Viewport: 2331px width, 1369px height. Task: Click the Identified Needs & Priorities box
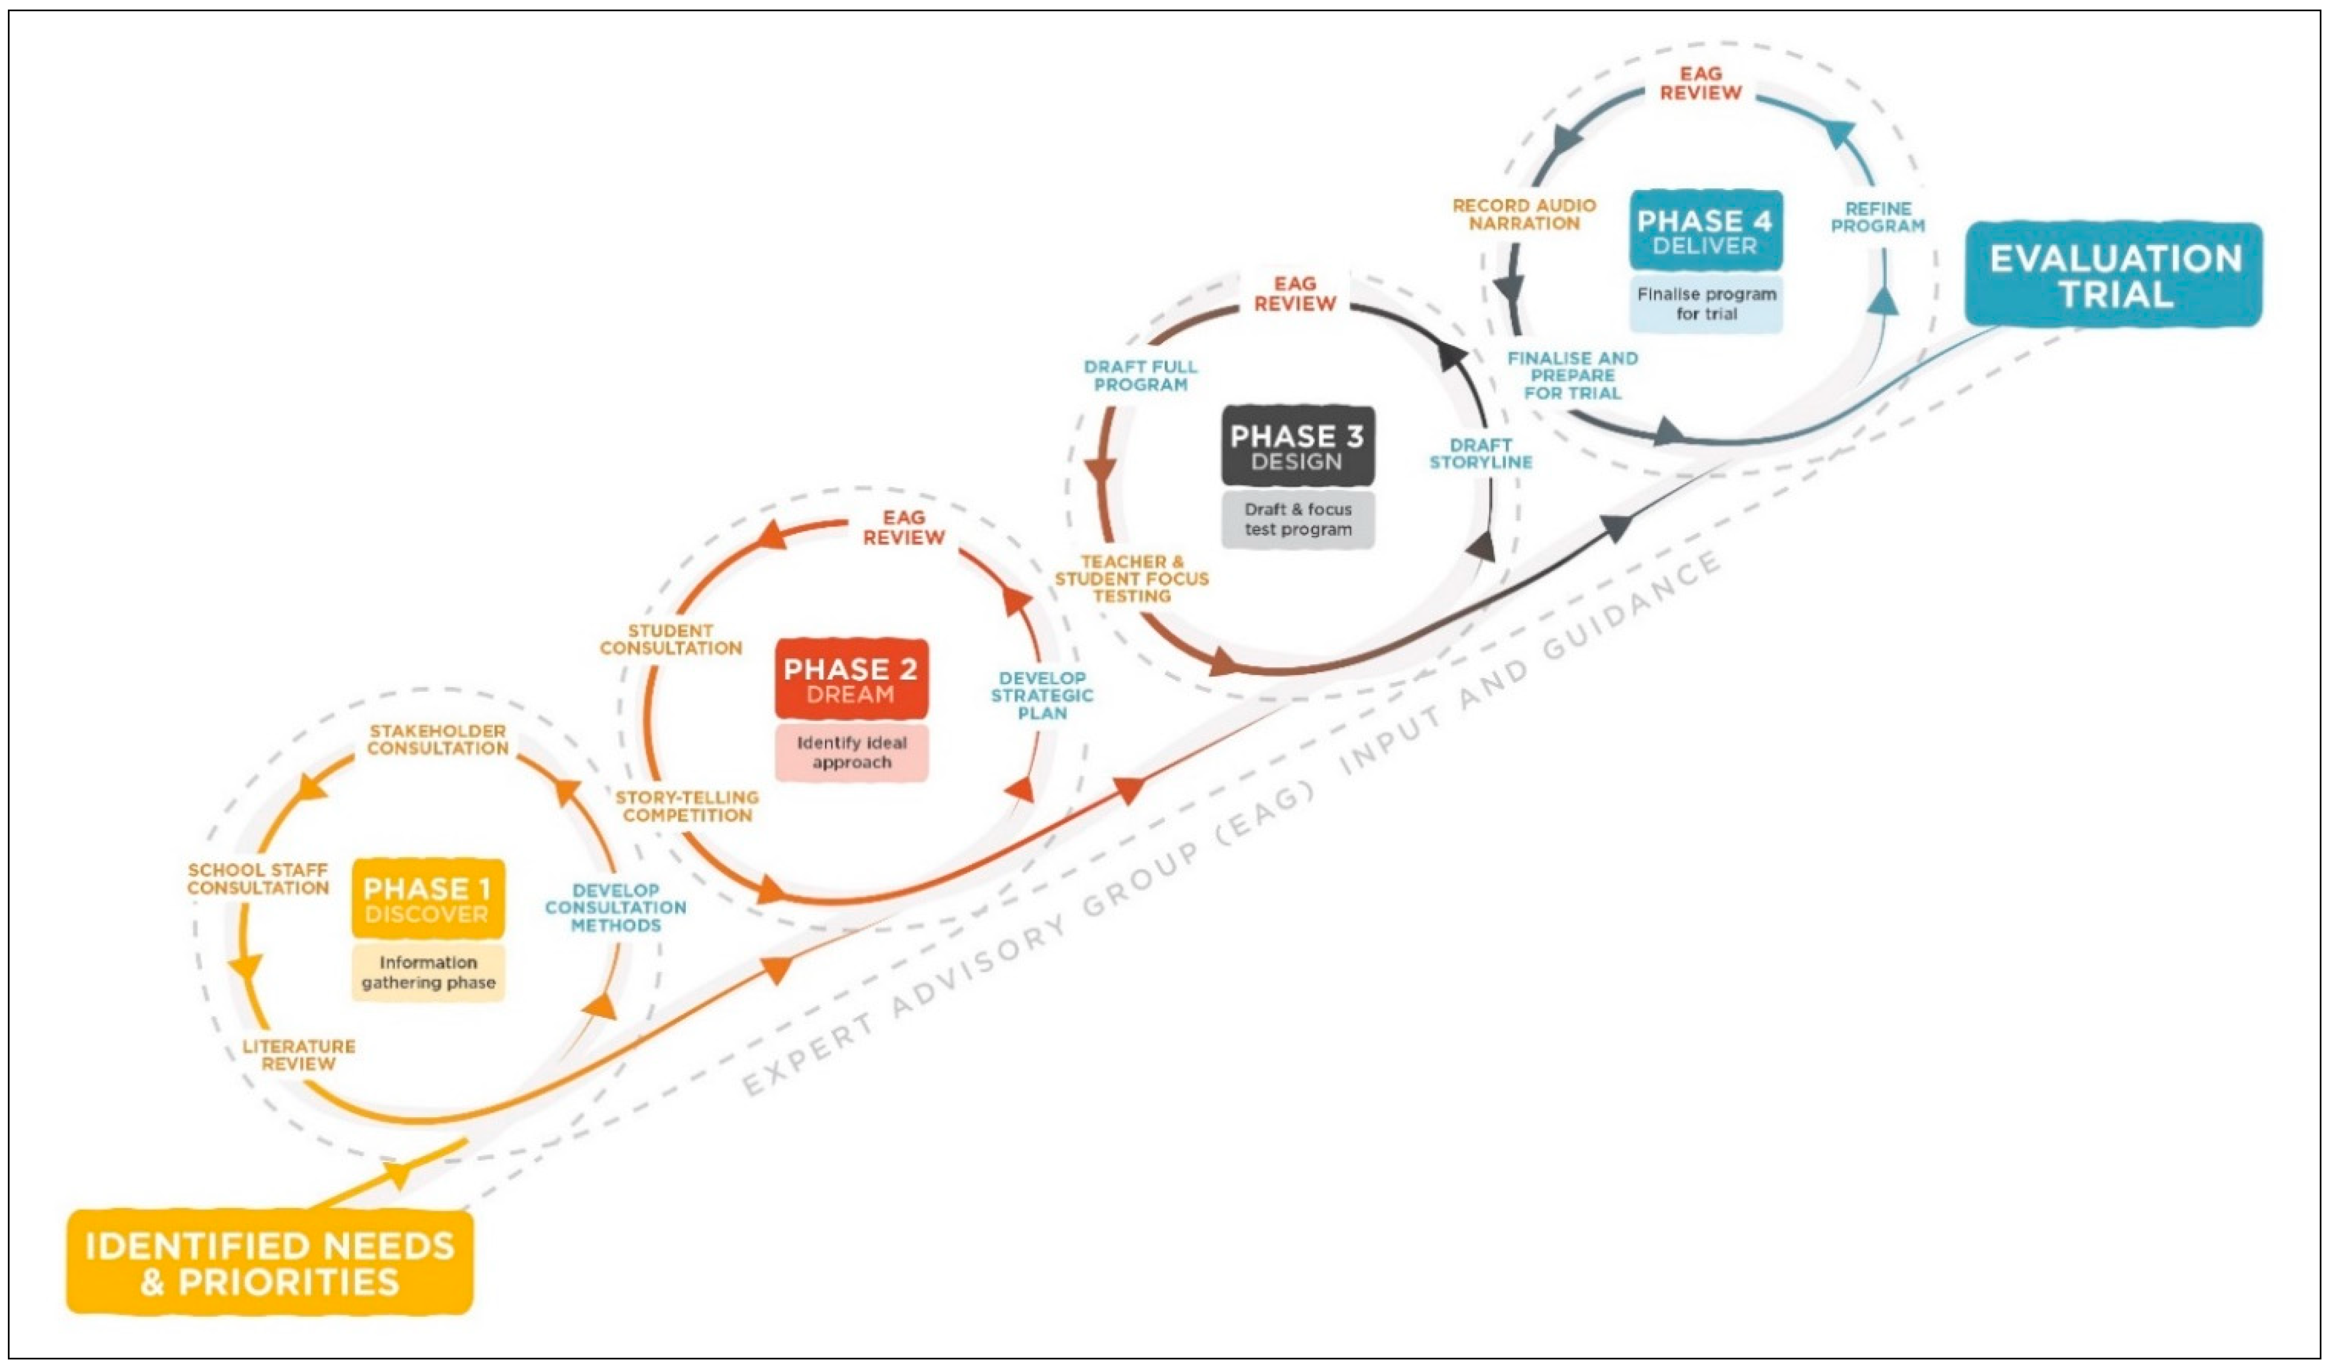coord(269,1263)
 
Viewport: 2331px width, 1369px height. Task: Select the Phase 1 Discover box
coord(427,900)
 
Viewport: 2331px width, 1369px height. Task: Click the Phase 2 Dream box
coord(851,680)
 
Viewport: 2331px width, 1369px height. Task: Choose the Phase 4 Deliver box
coord(1705,231)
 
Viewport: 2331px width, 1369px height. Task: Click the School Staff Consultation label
coord(258,879)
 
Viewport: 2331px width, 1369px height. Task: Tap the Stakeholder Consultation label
coord(437,740)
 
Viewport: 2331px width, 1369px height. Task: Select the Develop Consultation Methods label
coord(615,908)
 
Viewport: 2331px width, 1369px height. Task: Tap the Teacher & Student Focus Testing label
coord(1131,579)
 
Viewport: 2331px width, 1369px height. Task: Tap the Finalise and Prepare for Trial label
coord(1573,375)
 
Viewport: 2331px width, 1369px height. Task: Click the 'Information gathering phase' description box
coord(427,972)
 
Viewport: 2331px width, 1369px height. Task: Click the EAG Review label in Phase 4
coord(1700,83)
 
